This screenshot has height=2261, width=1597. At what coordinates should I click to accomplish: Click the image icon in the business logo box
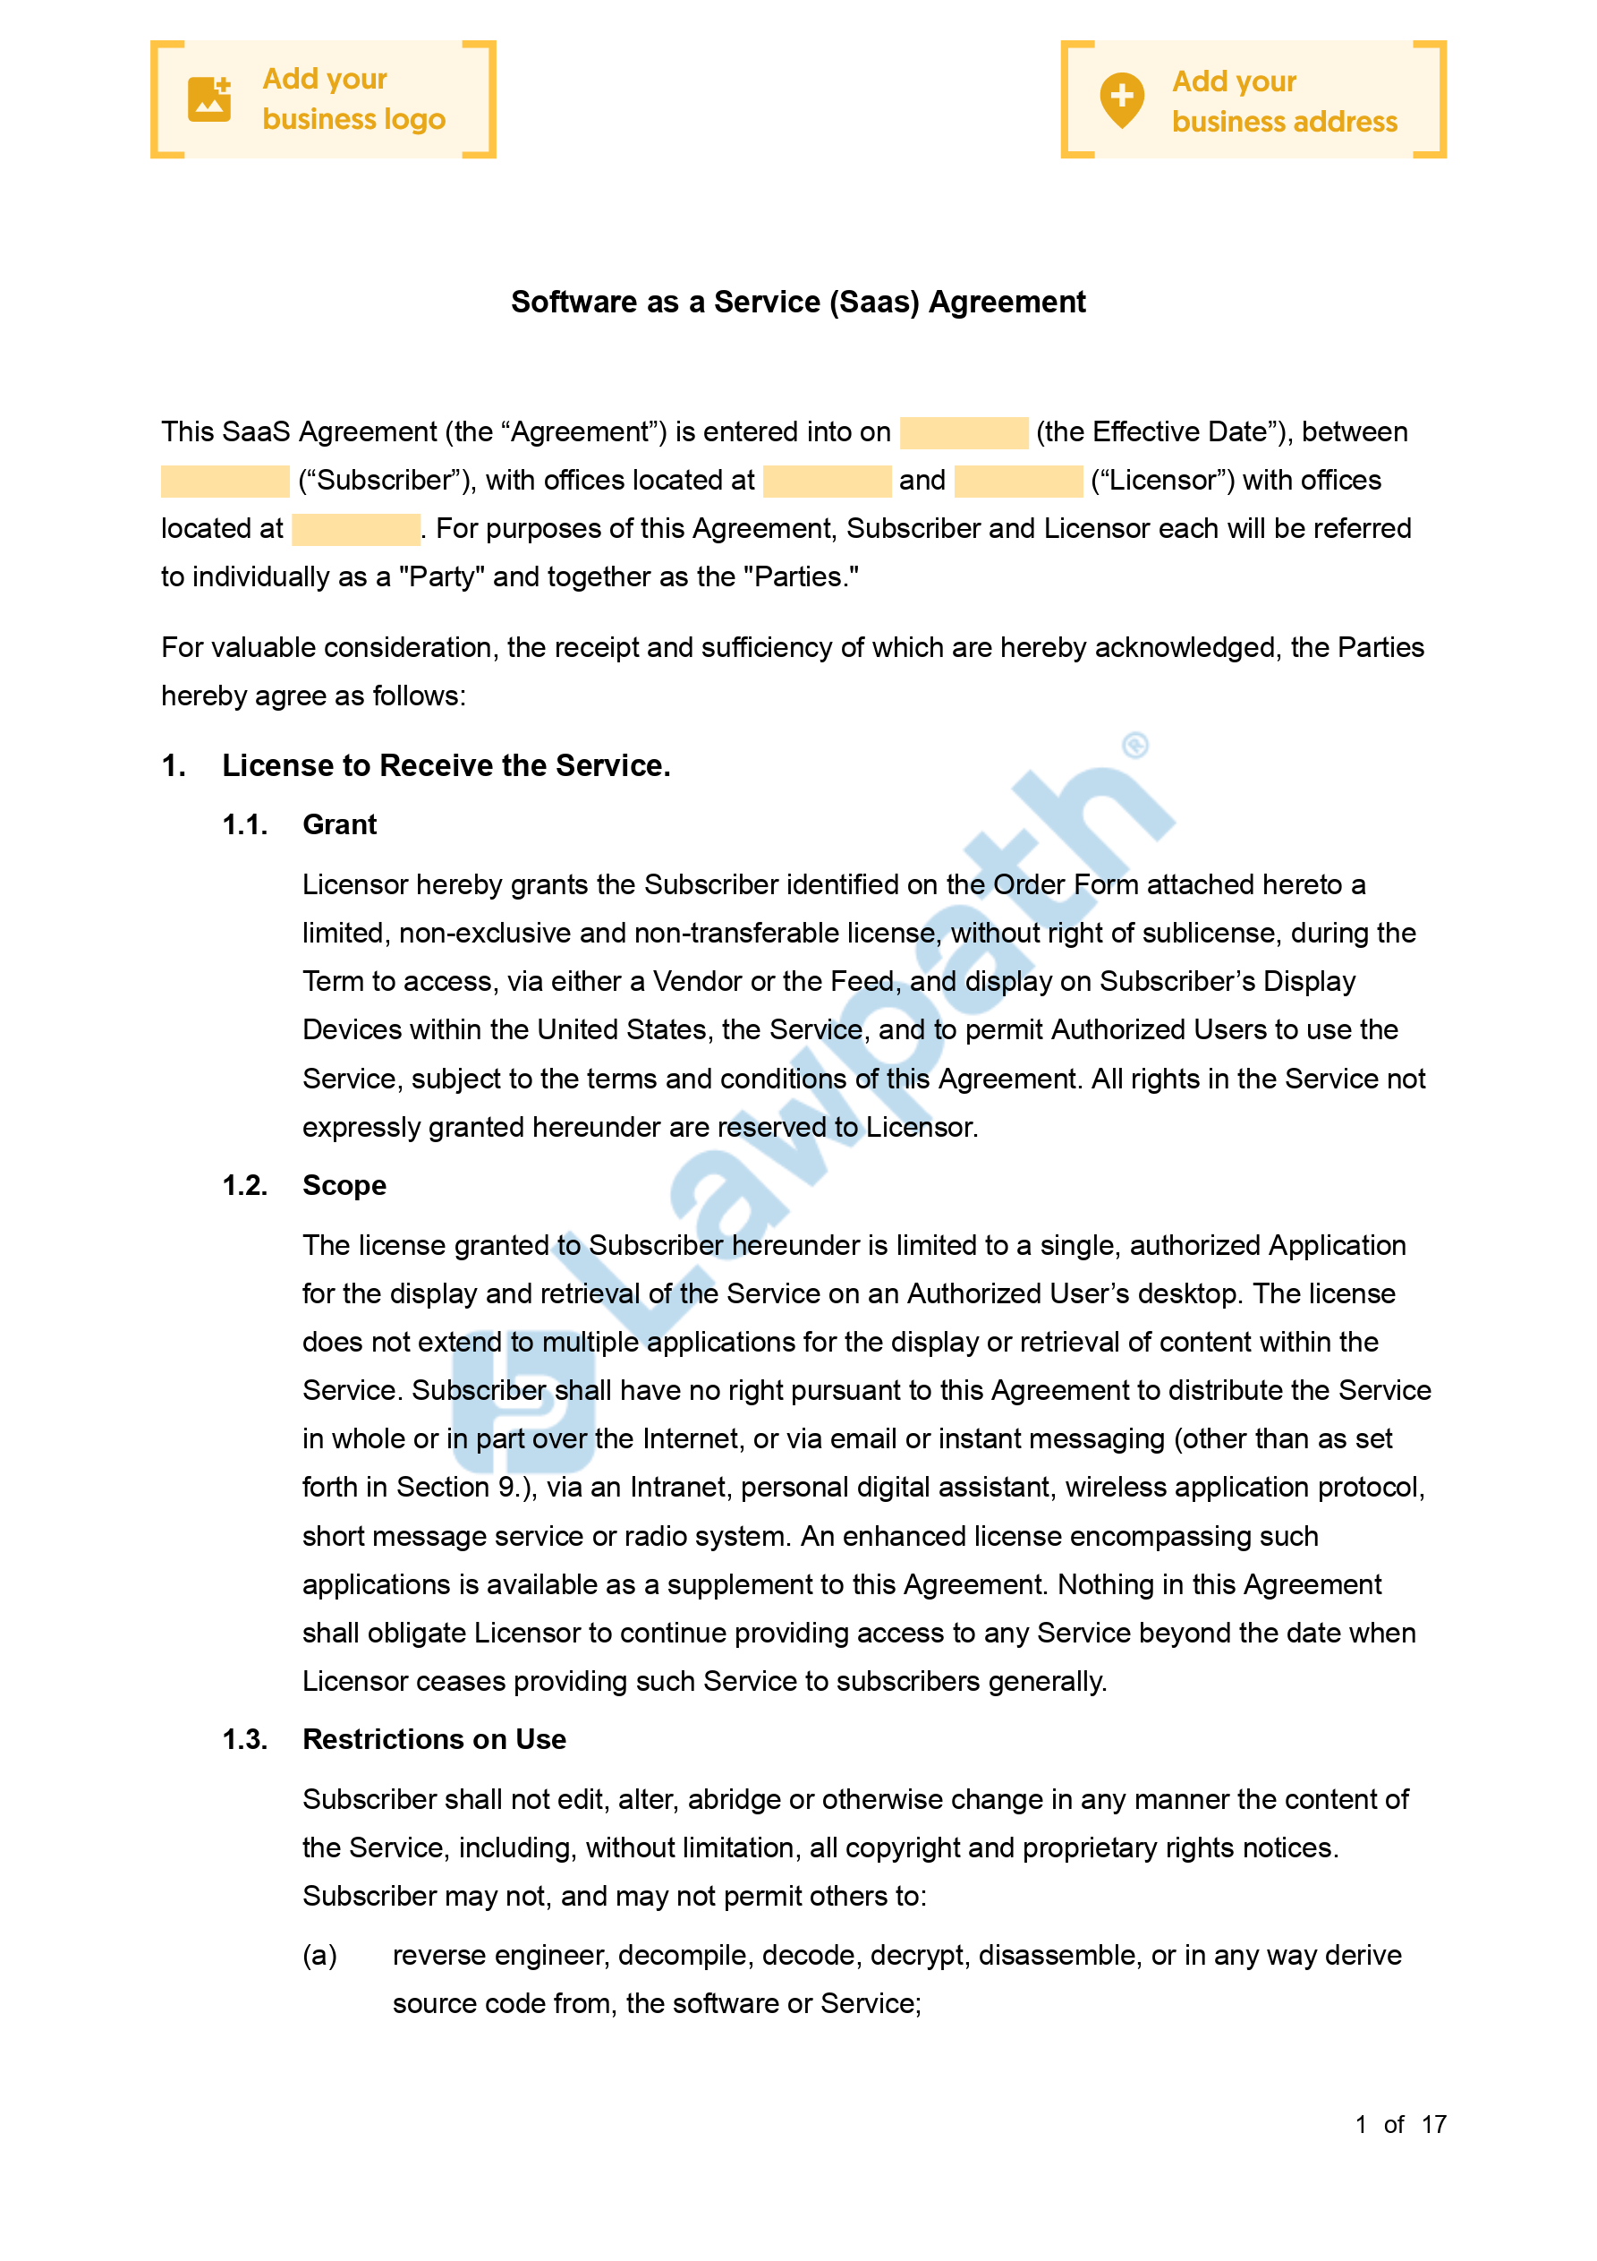[208, 99]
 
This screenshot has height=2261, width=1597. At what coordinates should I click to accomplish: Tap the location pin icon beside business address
[1121, 99]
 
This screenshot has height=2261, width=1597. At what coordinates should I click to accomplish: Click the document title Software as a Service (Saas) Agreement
[797, 303]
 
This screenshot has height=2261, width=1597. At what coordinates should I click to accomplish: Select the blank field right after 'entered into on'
[963, 432]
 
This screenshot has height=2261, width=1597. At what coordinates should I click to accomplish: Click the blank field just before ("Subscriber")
[225, 481]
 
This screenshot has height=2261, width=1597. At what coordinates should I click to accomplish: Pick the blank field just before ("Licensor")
[1018, 481]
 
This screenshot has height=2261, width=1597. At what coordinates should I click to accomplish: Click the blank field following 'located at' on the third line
[355, 530]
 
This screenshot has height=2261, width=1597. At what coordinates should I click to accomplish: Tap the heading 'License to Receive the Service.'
[446, 765]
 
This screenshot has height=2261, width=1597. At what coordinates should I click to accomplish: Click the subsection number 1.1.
[244, 825]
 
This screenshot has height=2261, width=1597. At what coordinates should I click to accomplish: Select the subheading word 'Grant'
[340, 825]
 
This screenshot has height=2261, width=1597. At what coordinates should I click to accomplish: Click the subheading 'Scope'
[344, 1186]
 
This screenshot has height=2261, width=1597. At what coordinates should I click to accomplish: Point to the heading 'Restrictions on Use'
[434, 1739]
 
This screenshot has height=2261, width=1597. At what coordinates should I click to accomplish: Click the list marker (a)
[319, 1955]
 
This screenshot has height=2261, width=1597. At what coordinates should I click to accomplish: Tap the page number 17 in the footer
[1432, 2124]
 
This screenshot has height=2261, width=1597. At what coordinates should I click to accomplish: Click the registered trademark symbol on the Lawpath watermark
[1135, 746]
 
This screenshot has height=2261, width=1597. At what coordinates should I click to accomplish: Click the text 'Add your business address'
[1284, 101]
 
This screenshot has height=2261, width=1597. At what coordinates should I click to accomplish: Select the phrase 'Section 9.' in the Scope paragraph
[460, 1487]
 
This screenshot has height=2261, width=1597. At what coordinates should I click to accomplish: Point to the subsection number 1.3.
[244, 1739]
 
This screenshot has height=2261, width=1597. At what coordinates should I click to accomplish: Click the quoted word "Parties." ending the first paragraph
[801, 577]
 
